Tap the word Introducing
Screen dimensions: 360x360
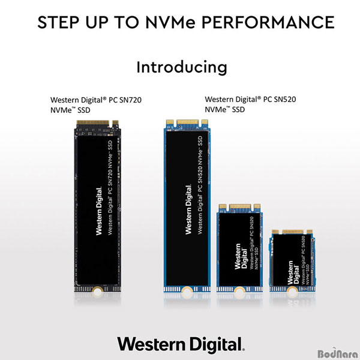(182, 67)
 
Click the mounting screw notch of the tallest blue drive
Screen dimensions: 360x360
(188, 290)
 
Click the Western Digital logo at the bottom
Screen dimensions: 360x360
(181, 344)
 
